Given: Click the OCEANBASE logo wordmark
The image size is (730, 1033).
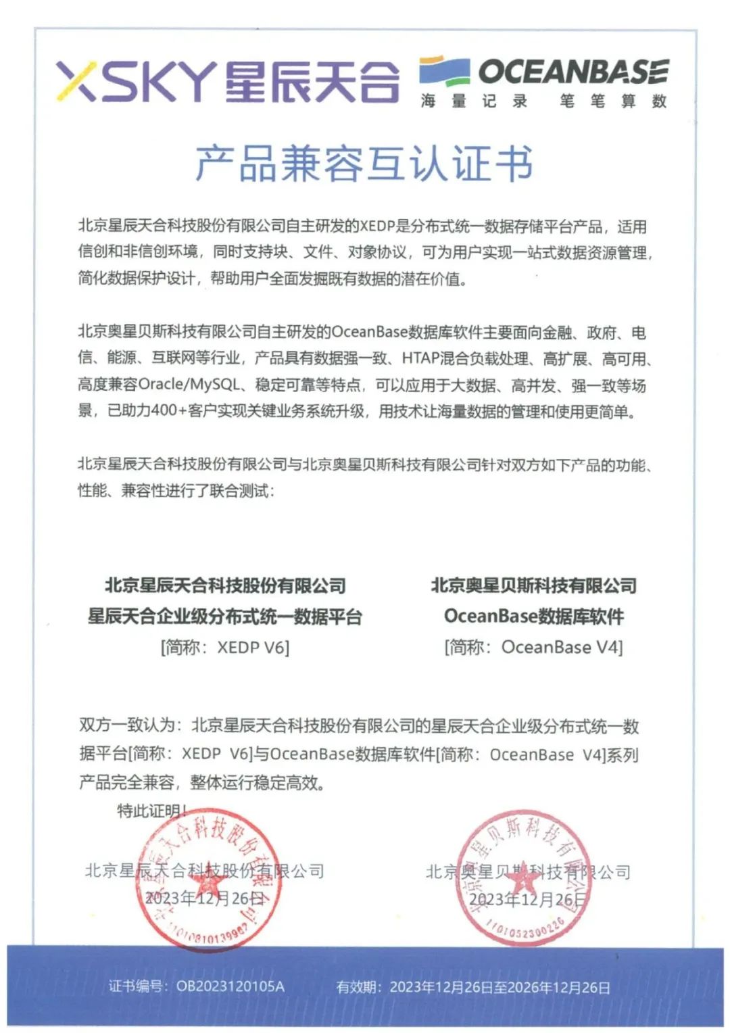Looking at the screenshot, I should point(574,72).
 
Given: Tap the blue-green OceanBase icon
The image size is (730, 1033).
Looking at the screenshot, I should point(444,71).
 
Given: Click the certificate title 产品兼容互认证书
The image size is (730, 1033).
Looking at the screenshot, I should point(364,164).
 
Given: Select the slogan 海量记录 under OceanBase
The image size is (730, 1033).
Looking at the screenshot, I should point(474,101).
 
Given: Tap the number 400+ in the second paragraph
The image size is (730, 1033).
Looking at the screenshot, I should point(162,411).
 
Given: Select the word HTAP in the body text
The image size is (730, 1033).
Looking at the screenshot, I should point(420,358).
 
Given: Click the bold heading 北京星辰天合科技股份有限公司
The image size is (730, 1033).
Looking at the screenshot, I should point(225,585).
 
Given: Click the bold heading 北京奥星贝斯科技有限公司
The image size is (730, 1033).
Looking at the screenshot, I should point(534,585).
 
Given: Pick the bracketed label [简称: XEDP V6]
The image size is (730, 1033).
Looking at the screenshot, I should point(225,648).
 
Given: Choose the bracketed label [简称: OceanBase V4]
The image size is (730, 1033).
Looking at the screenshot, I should point(534,648).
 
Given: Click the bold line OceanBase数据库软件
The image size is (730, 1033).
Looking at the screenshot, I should point(534,617).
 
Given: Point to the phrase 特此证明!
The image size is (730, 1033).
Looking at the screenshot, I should point(152,810).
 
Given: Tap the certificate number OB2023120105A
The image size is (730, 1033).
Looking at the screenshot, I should point(230,986).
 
